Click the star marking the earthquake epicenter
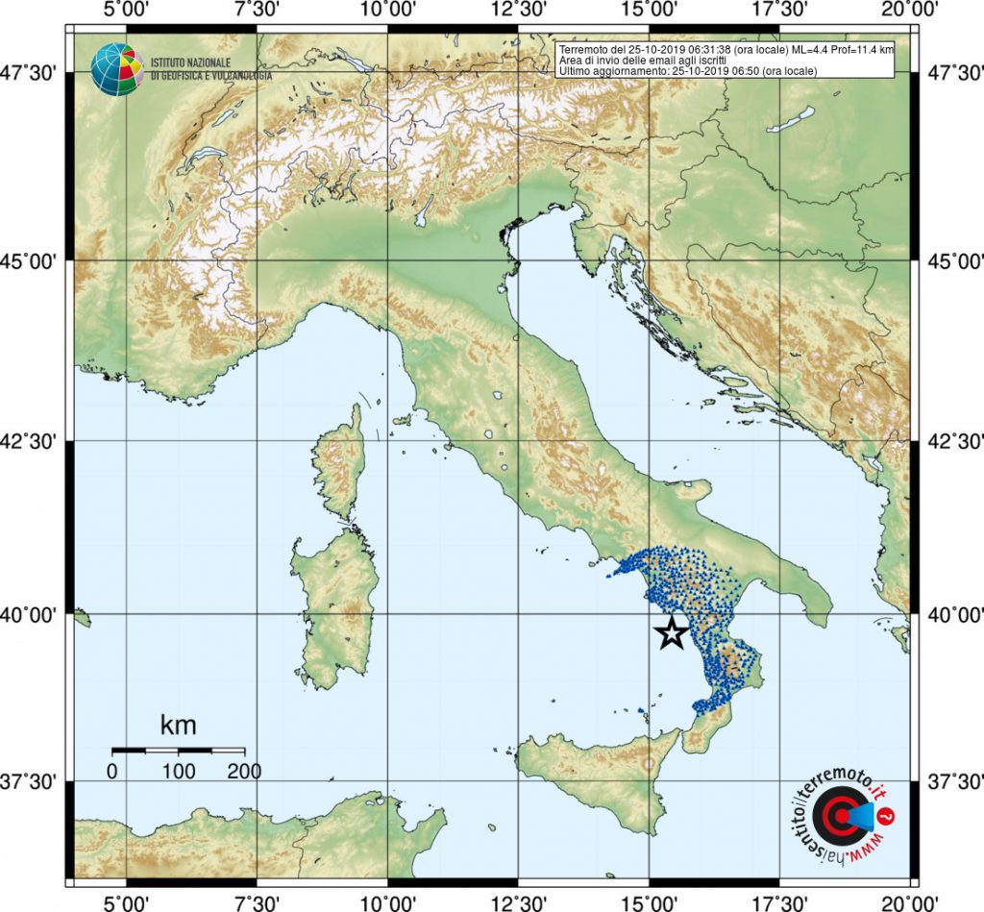(671, 632)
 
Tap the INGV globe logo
(116, 69)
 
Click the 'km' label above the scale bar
(178, 724)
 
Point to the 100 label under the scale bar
(179, 771)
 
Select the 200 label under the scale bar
(244, 771)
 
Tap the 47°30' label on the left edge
(36, 72)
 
